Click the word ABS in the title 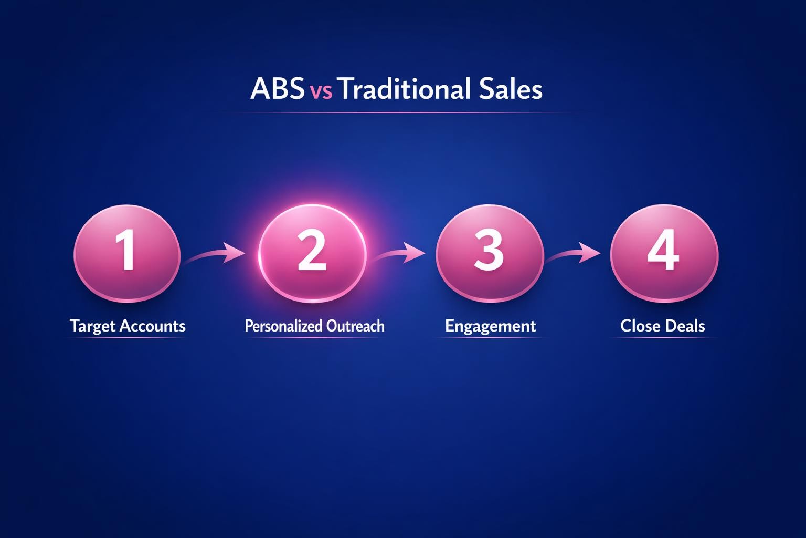pyautogui.click(x=277, y=89)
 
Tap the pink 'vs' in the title pyautogui.click(x=321, y=91)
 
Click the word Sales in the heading pyautogui.click(x=510, y=89)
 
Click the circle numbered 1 pyautogui.click(x=127, y=253)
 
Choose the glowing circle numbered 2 pyautogui.click(x=312, y=253)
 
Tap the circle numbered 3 pyautogui.click(x=489, y=253)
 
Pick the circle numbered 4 pyautogui.click(x=664, y=253)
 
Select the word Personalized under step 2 pyautogui.click(x=283, y=326)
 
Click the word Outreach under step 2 pyautogui.click(x=355, y=326)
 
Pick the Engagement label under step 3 pyautogui.click(x=490, y=326)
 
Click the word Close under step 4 pyautogui.click(x=639, y=326)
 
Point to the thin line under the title pyautogui.click(x=402, y=113)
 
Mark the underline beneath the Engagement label pyautogui.click(x=490, y=338)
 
